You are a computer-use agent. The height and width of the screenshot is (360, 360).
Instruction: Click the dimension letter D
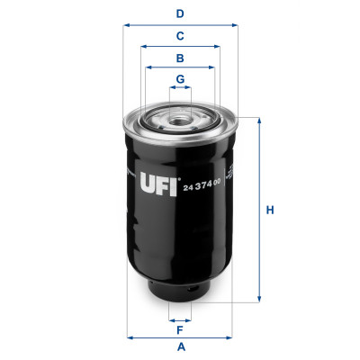coord(180,13)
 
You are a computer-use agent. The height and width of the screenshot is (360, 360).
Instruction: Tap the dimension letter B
coord(180,58)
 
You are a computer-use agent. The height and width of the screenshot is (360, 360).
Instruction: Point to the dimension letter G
coord(180,79)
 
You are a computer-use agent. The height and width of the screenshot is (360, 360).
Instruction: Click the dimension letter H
coord(269,211)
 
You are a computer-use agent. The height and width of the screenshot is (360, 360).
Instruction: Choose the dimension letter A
coord(180,347)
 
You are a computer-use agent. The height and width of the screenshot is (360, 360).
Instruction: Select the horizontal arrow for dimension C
coord(180,47)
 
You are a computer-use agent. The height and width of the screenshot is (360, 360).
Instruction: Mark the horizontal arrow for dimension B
coord(180,68)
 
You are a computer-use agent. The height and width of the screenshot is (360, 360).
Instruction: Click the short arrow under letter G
coord(180,90)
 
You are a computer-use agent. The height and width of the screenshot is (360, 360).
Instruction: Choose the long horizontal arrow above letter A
coord(180,337)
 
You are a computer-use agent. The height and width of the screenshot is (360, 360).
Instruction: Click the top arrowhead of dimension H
coord(260,120)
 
